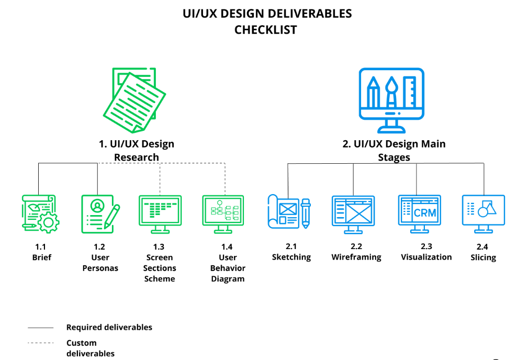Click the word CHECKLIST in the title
tap(265, 30)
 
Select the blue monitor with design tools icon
tap(391, 99)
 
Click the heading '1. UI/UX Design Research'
tap(137, 150)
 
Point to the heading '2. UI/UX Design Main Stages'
tap(394, 150)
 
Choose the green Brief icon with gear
tap(40, 213)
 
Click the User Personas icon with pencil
tap(100, 213)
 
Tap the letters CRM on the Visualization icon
tap(424, 212)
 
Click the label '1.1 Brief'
tap(41, 252)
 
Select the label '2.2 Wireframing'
tap(356, 252)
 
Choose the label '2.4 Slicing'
tap(483, 252)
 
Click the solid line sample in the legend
tap(40, 328)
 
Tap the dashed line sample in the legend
tap(40, 343)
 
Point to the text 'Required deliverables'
tap(109, 328)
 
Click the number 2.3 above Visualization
tap(426, 246)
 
